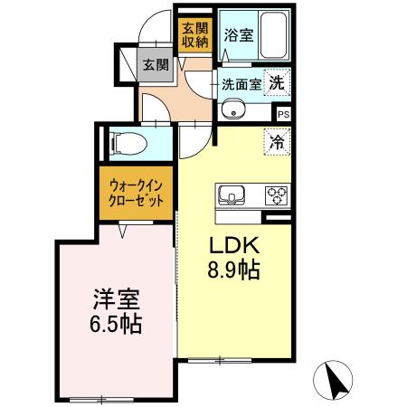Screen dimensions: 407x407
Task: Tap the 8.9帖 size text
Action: tap(236, 269)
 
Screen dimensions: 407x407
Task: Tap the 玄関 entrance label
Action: tap(155, 64)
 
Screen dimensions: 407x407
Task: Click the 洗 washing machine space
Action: tap(277, 80)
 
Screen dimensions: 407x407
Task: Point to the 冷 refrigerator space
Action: tap(277, 139)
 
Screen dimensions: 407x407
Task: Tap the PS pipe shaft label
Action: tap(283, 114)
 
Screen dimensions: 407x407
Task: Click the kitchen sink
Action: tap(229, 194)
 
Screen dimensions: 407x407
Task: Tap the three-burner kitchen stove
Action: tap(274, 194)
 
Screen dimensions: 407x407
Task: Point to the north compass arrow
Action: tap(336, 380)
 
